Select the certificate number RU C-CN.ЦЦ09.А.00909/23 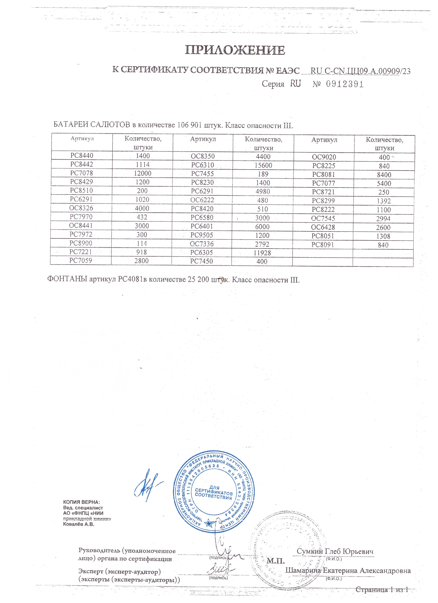360,71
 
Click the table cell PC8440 82,155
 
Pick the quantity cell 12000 143,173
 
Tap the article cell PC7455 202,174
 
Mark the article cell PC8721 323,192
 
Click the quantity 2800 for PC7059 141,261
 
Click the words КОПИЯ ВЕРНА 82,502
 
